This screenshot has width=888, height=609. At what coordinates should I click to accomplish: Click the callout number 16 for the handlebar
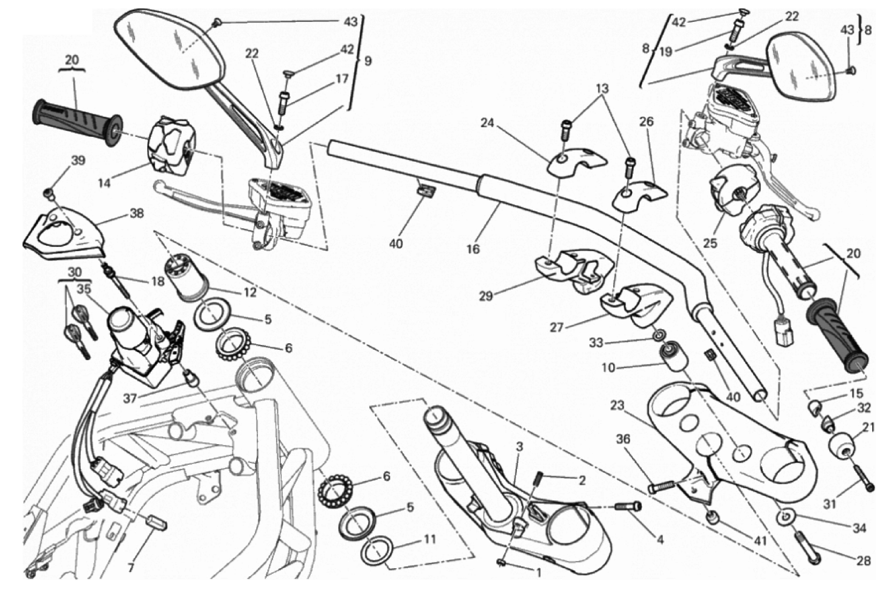pos(473,248)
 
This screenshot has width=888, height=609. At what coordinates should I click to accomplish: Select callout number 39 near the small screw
pos(78,161)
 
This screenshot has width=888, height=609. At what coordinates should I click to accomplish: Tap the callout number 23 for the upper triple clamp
pos(617,405)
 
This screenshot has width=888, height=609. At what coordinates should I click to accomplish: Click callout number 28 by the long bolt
pos(862,560)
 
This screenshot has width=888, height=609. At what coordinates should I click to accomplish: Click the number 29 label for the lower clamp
pos(485,296)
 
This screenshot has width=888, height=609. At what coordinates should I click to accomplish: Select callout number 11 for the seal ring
pos(430,538)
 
